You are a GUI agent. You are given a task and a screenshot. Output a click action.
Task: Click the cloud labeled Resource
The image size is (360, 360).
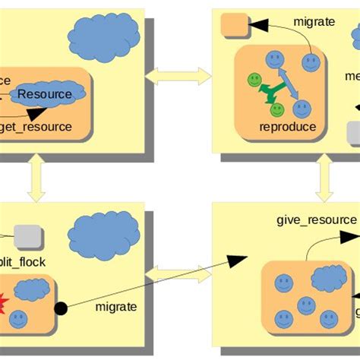click(46, 94)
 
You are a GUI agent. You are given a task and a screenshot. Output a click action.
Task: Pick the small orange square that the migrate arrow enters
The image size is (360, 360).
click(231, 25)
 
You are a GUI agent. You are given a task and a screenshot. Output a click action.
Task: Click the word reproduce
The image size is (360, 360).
click(287, 127)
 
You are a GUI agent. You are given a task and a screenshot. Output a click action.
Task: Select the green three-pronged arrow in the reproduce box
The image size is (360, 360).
click(266, 92)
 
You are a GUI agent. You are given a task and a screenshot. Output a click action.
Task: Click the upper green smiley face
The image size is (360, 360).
click(254, 80)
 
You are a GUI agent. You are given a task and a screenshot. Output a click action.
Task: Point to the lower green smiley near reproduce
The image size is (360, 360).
click(277, 109)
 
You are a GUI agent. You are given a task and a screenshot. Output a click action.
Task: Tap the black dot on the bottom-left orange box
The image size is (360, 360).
click(61, 308)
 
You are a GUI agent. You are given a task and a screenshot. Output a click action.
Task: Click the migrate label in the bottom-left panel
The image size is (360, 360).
click(116, 307)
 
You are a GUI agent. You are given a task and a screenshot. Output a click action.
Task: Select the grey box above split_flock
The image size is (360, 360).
click(28, 237)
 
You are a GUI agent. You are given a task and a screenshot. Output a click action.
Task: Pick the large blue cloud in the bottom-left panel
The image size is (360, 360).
click(104, 234)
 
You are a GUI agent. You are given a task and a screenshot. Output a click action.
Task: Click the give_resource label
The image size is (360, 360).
click(315, 219)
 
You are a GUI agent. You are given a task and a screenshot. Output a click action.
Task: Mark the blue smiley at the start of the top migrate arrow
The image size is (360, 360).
click(310, 62)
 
